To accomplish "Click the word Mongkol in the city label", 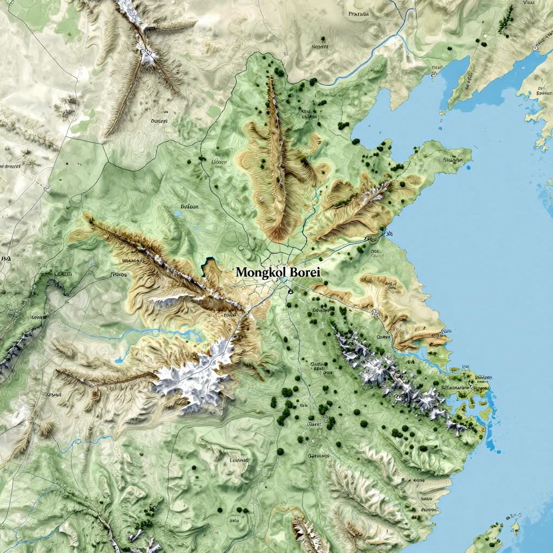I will click(261, 273).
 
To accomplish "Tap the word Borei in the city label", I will click(305, 273).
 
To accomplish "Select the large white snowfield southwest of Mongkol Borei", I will click(194, 378).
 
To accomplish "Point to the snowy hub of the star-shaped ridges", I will click(147, 53).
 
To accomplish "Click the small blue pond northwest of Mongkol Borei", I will click(178, 214).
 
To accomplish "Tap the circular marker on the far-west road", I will click(48, 190).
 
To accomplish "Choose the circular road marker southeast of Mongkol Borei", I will click(375, 312).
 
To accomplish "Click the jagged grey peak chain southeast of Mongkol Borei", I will click(389, 373).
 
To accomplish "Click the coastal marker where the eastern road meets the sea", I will click(386, 233).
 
